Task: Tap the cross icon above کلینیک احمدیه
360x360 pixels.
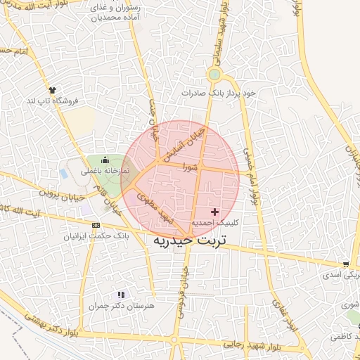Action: tap(214, 212)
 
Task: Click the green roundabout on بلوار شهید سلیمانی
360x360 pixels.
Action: tap(214, 75)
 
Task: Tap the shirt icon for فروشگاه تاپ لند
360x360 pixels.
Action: tap(51, 89)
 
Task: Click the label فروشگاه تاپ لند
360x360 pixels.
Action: tap(53, 101)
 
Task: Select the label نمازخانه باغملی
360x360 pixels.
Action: tap(105, 170)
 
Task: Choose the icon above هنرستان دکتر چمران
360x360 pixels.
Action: tap(121, 295)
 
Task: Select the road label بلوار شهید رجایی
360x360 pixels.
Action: tap(253, 345)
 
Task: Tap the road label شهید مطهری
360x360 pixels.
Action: tap(155, 207)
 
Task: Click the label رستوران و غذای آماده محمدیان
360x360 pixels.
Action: tap(116, 11)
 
